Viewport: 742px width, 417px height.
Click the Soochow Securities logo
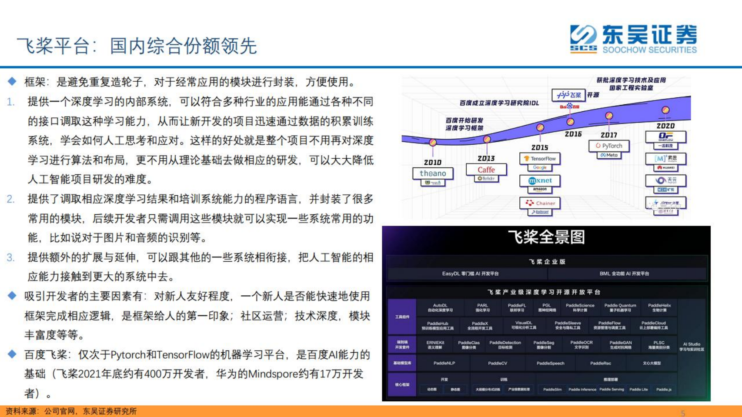[633, 39]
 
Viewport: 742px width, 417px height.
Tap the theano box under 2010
[433, 173]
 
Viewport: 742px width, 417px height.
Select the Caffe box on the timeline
[486, 170]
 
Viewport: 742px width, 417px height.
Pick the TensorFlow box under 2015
[540, 159]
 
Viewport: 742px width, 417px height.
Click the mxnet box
[540, 180]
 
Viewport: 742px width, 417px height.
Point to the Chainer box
[540, 203]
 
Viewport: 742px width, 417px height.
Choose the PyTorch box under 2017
[609, 146]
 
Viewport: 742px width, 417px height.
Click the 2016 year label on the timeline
[573, 134]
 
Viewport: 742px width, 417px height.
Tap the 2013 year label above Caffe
[486, 159]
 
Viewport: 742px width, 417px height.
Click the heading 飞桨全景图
[546, 237]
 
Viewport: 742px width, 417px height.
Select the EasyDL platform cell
[470, 274]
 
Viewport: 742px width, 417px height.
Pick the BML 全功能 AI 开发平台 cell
[624, 274]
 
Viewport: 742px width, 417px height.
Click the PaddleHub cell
[438, 326]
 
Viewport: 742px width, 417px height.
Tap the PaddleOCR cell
[582, 345]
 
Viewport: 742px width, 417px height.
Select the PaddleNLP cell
[444, 363]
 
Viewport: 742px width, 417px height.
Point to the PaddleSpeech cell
[550, 363]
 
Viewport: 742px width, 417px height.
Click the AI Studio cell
[692, 347]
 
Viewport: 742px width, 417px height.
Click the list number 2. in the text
[11, 199]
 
